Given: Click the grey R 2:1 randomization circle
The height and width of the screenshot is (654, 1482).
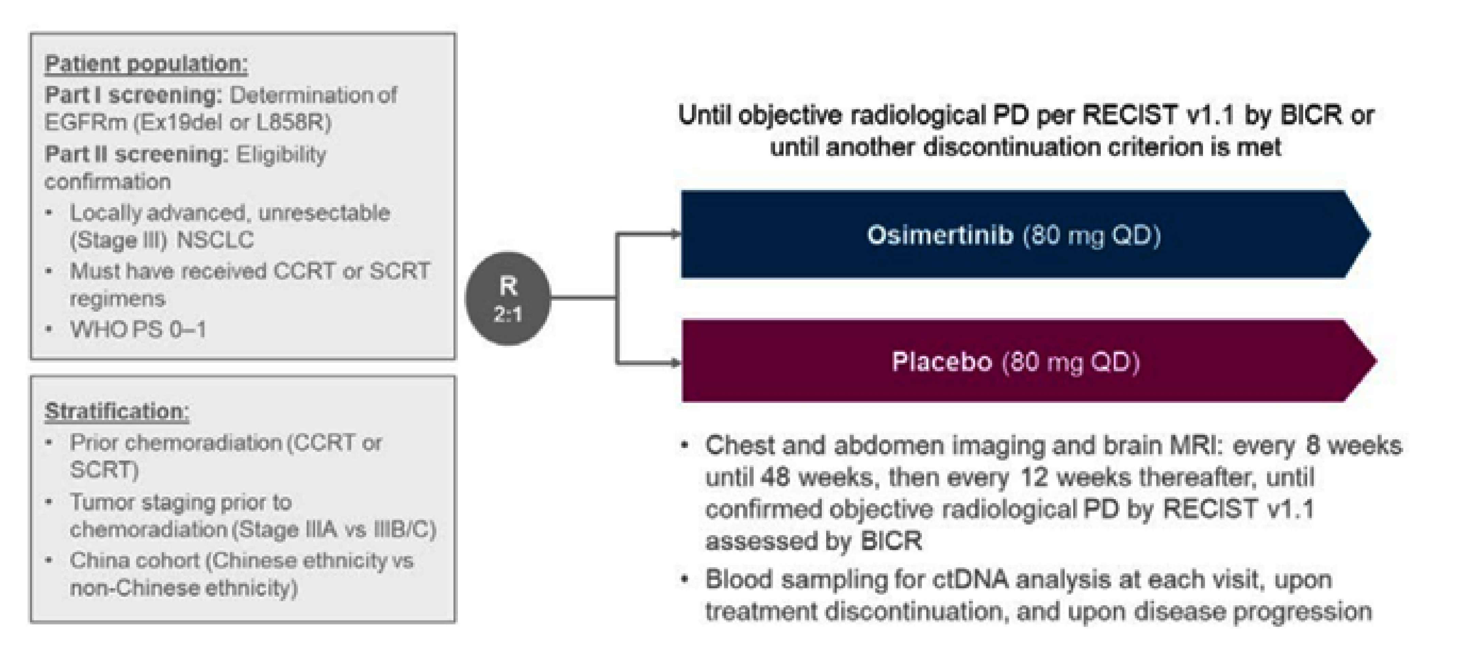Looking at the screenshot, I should pyautogui.click(x=507, y=298).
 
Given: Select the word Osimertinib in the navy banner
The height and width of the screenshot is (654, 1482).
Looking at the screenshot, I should pyautogui.click(x=940, y=235).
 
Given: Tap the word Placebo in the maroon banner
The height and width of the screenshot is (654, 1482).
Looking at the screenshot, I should pyautogui.click(x=941, y=362).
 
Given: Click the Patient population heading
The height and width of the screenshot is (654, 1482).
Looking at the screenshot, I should pyautogui.click(x=146, y=64).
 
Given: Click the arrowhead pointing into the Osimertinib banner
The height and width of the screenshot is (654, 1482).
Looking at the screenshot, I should pyautogui.click(x=674, y=234).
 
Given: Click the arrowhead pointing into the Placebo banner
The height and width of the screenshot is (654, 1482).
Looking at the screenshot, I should pyautogui.click(x=674, y=363).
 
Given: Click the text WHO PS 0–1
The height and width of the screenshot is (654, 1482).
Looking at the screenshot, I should pyautogui.click(x=138, y=330).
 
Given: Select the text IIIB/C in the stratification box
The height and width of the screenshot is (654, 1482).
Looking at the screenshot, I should pyautogui.click(x=404, y=529).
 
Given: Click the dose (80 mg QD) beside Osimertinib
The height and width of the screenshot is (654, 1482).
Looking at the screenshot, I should pyautogui.click(x=1091, y=235).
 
